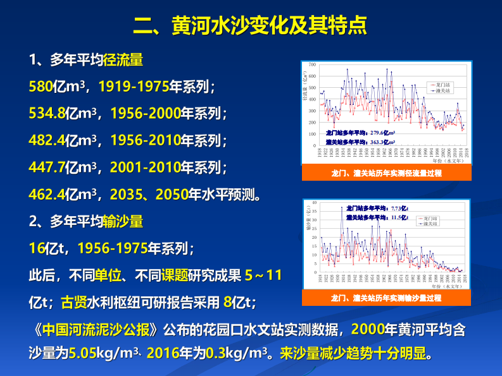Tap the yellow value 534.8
(x=47, y=114)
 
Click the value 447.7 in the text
(x=47, y=167)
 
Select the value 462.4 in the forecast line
(x=47, y=193)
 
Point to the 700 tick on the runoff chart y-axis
(x=312, y=65)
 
